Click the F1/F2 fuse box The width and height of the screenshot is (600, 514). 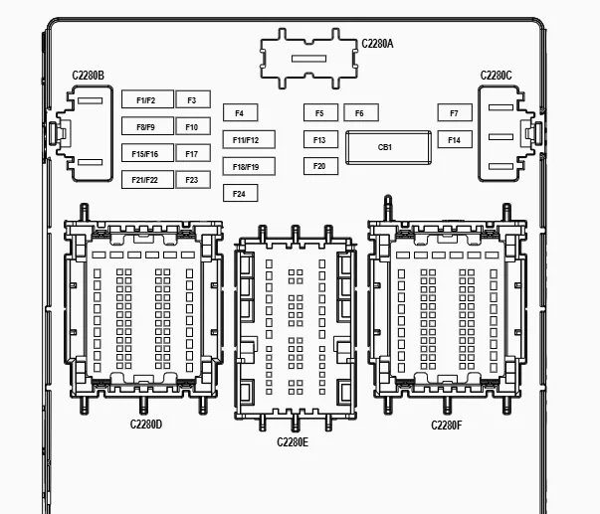147,99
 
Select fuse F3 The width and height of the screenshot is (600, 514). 193,99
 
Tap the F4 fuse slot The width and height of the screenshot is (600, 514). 241,112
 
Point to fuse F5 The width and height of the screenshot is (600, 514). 320,112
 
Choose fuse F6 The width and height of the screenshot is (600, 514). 361,112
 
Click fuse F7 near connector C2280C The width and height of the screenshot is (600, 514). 455,112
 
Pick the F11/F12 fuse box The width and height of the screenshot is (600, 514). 249,139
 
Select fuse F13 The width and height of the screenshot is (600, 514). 320,139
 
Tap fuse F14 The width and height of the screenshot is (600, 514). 455,139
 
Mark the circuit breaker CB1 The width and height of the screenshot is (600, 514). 388,147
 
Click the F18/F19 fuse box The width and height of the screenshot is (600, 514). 249,166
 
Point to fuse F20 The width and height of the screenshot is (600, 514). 320,166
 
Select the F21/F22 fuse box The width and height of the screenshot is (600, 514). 147,179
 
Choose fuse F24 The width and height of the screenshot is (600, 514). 241,193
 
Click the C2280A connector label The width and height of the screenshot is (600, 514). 377,44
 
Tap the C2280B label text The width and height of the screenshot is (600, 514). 88,76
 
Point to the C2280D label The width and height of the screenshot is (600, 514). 146,425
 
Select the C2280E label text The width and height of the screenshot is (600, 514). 293,442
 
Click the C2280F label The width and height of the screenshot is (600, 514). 447,426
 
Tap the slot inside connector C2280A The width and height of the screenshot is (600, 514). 308,59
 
